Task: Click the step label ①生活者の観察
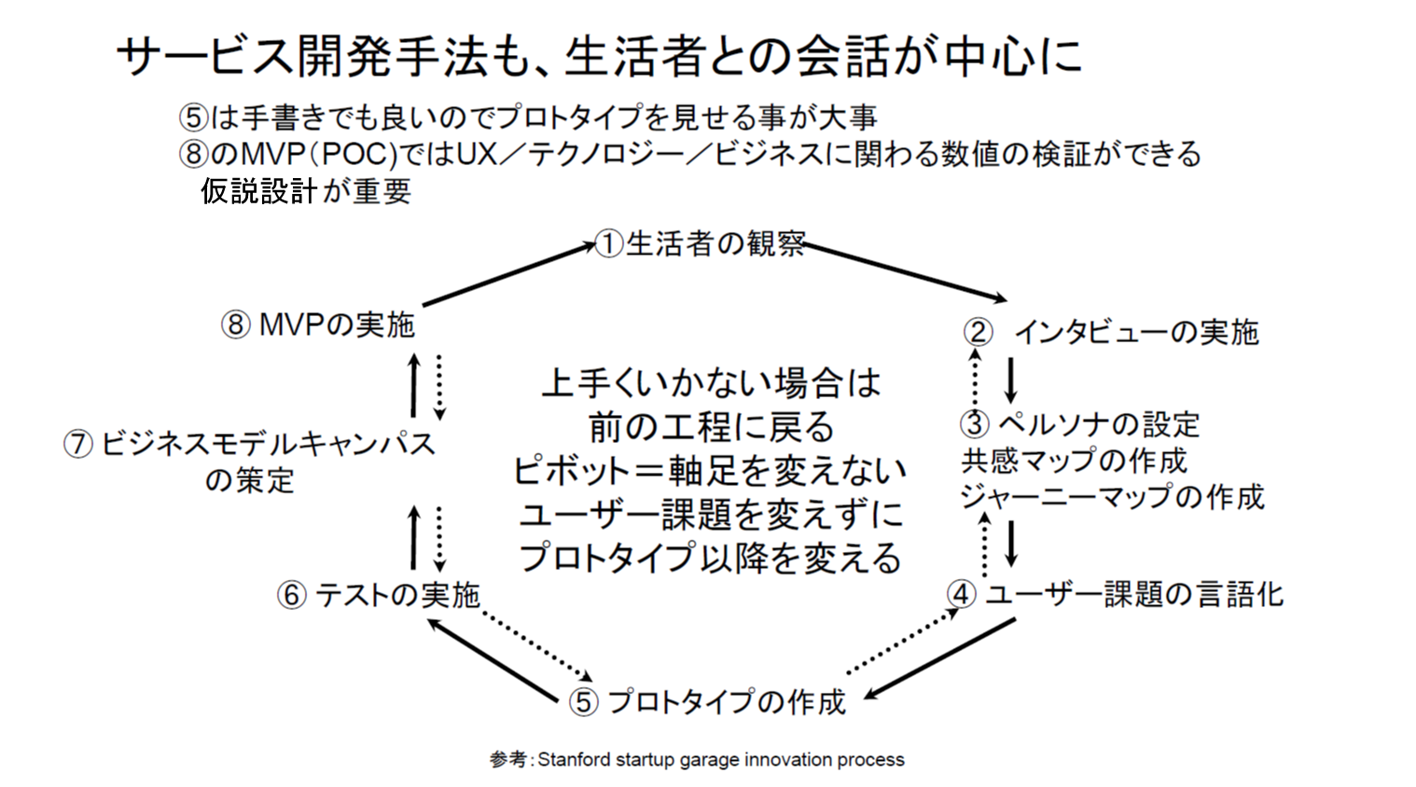point(701,244)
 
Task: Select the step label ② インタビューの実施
point(1111,333)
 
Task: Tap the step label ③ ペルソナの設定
point(1079,424)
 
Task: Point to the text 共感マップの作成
point(1075,461)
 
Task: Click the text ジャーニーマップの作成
point(1113,497)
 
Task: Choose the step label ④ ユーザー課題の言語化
point(1115,594)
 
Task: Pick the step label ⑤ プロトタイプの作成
point(707,701)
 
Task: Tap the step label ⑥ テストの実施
point(379,596)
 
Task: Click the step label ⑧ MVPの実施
point(317,324)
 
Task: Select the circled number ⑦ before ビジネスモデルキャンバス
point(78,444)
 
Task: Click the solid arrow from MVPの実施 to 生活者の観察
point(509,275)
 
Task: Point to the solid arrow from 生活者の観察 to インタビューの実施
point(905,272)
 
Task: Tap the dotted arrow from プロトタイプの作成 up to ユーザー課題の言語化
point(904,640)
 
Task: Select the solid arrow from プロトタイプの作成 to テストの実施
point(493,659)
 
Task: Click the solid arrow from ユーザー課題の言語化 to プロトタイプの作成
point(939,658)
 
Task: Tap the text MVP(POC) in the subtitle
point(320,154)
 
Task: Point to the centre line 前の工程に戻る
point(712,427)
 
